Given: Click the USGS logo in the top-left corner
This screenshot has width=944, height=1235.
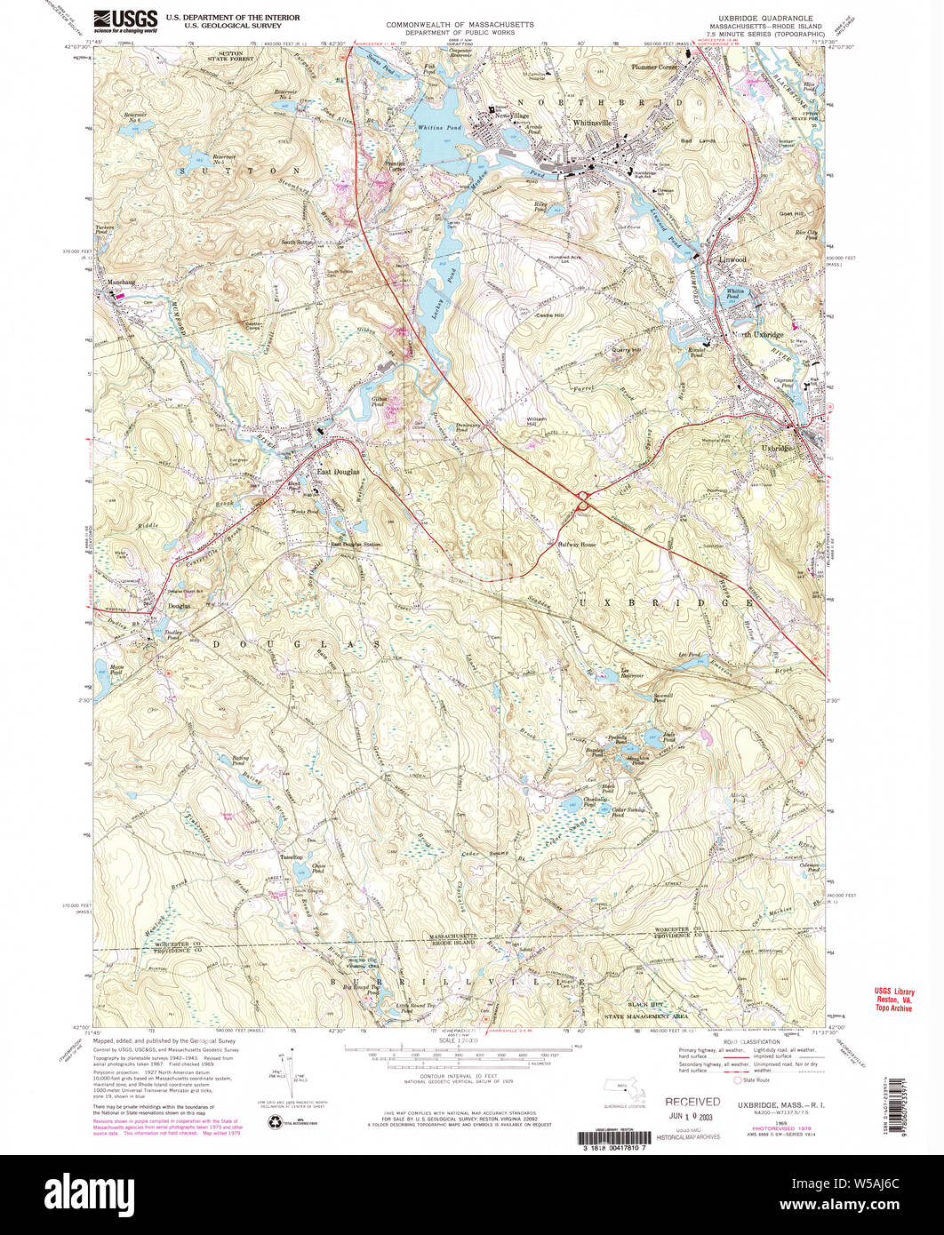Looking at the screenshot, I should tap(125, 20).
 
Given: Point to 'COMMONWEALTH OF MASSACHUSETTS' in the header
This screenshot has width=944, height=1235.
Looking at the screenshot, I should tap(460, 24).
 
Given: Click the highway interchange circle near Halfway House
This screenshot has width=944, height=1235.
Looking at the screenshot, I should tap(584, 501).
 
